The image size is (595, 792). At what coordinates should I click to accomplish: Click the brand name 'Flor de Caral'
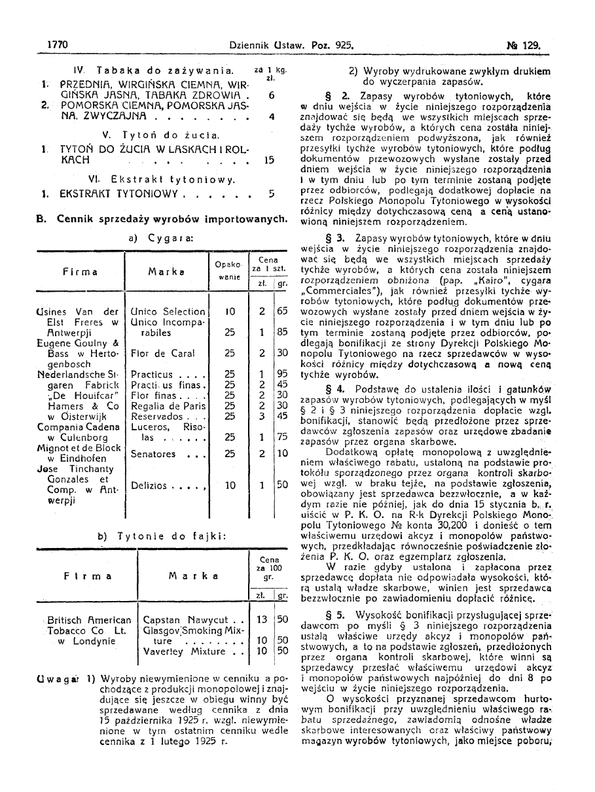[x=163, y=353]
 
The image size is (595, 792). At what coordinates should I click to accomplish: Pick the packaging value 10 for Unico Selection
[x=230, y=312]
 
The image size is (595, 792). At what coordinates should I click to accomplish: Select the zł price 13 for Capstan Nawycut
[x=262, y=619]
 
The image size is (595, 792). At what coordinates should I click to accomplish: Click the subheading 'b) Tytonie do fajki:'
[x=162, y=536]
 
